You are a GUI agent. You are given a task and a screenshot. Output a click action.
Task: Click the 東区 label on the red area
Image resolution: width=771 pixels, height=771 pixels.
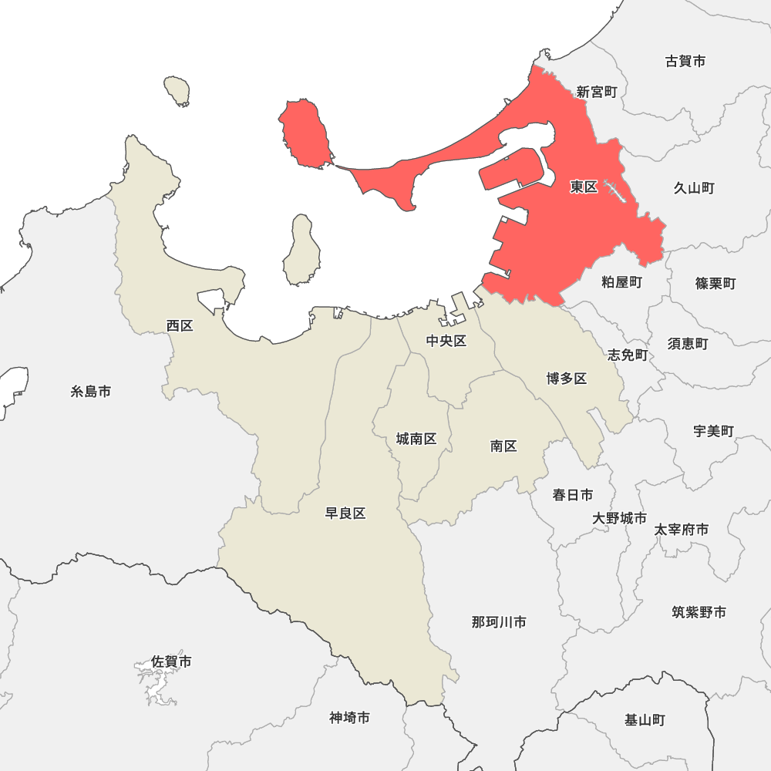[584, 187]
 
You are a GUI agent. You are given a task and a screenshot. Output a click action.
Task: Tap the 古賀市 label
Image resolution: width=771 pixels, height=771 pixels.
[685, 61]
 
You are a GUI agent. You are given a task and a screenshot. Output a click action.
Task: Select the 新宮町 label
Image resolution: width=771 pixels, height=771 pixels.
[597, 92]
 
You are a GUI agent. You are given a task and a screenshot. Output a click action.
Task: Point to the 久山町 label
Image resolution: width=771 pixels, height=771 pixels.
[694, 187]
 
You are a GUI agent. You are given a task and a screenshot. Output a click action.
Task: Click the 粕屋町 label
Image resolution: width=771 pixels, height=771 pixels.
[621, 282]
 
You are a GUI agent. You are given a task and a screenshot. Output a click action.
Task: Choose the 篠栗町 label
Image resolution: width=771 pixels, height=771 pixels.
[715, 283]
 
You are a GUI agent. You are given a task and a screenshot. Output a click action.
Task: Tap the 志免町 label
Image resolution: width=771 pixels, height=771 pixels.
[628, 355]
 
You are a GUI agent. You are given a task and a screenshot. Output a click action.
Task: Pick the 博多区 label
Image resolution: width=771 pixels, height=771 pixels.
[567, 378]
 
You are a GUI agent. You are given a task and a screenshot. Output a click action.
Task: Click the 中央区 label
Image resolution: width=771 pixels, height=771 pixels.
[446, 341]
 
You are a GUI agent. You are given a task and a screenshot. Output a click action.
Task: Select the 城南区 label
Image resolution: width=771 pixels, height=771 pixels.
[416, 439]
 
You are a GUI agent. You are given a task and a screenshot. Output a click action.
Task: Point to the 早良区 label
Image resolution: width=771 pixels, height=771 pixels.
[345, 513]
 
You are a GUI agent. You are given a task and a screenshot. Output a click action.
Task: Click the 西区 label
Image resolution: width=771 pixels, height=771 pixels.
[180, 325]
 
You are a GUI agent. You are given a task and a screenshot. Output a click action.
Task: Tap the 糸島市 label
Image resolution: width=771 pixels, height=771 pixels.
[91, 392]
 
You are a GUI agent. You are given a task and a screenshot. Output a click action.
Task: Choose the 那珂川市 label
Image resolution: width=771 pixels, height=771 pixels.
[499, 621]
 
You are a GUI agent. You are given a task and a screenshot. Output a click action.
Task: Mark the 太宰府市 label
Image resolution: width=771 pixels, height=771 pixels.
[682, 530]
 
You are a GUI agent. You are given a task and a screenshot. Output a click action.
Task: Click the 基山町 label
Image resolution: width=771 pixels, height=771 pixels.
[645, 720]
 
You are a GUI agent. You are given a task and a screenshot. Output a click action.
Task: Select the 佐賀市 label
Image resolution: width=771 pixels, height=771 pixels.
[171, 662]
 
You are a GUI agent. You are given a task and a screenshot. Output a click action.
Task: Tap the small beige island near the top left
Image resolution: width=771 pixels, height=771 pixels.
[177, 90]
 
